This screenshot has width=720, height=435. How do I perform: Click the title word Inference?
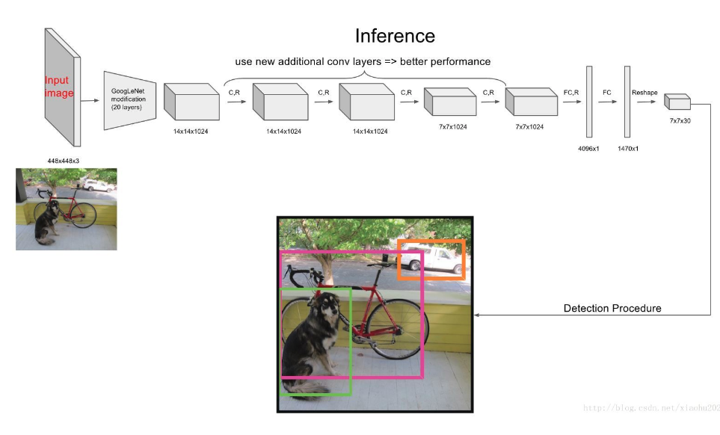coord(394,35)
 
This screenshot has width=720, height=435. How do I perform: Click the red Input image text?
coord(59,87)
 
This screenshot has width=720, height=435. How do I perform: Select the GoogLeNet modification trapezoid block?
coord(129,99)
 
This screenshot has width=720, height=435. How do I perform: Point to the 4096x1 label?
coord(588,148)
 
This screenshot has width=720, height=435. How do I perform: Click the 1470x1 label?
coord(627,148)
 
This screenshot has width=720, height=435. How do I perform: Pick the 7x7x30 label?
coord(680,120)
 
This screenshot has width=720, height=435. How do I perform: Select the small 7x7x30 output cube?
coord(677,102)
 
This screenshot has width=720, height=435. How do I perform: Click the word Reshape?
coord(644,92)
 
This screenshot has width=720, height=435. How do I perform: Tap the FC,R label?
coord(571,92)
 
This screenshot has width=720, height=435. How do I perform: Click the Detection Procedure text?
coord(612,308)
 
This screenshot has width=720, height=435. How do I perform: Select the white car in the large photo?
coord(434,261)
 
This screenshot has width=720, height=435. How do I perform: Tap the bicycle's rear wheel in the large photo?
coord(404,328)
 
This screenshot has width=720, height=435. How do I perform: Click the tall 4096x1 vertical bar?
coord(589,102)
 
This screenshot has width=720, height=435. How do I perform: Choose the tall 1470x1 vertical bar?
coord(627,102)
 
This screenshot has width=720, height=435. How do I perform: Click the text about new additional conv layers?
coord(363,61)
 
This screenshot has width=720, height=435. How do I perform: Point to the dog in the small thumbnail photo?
coord(46,222)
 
